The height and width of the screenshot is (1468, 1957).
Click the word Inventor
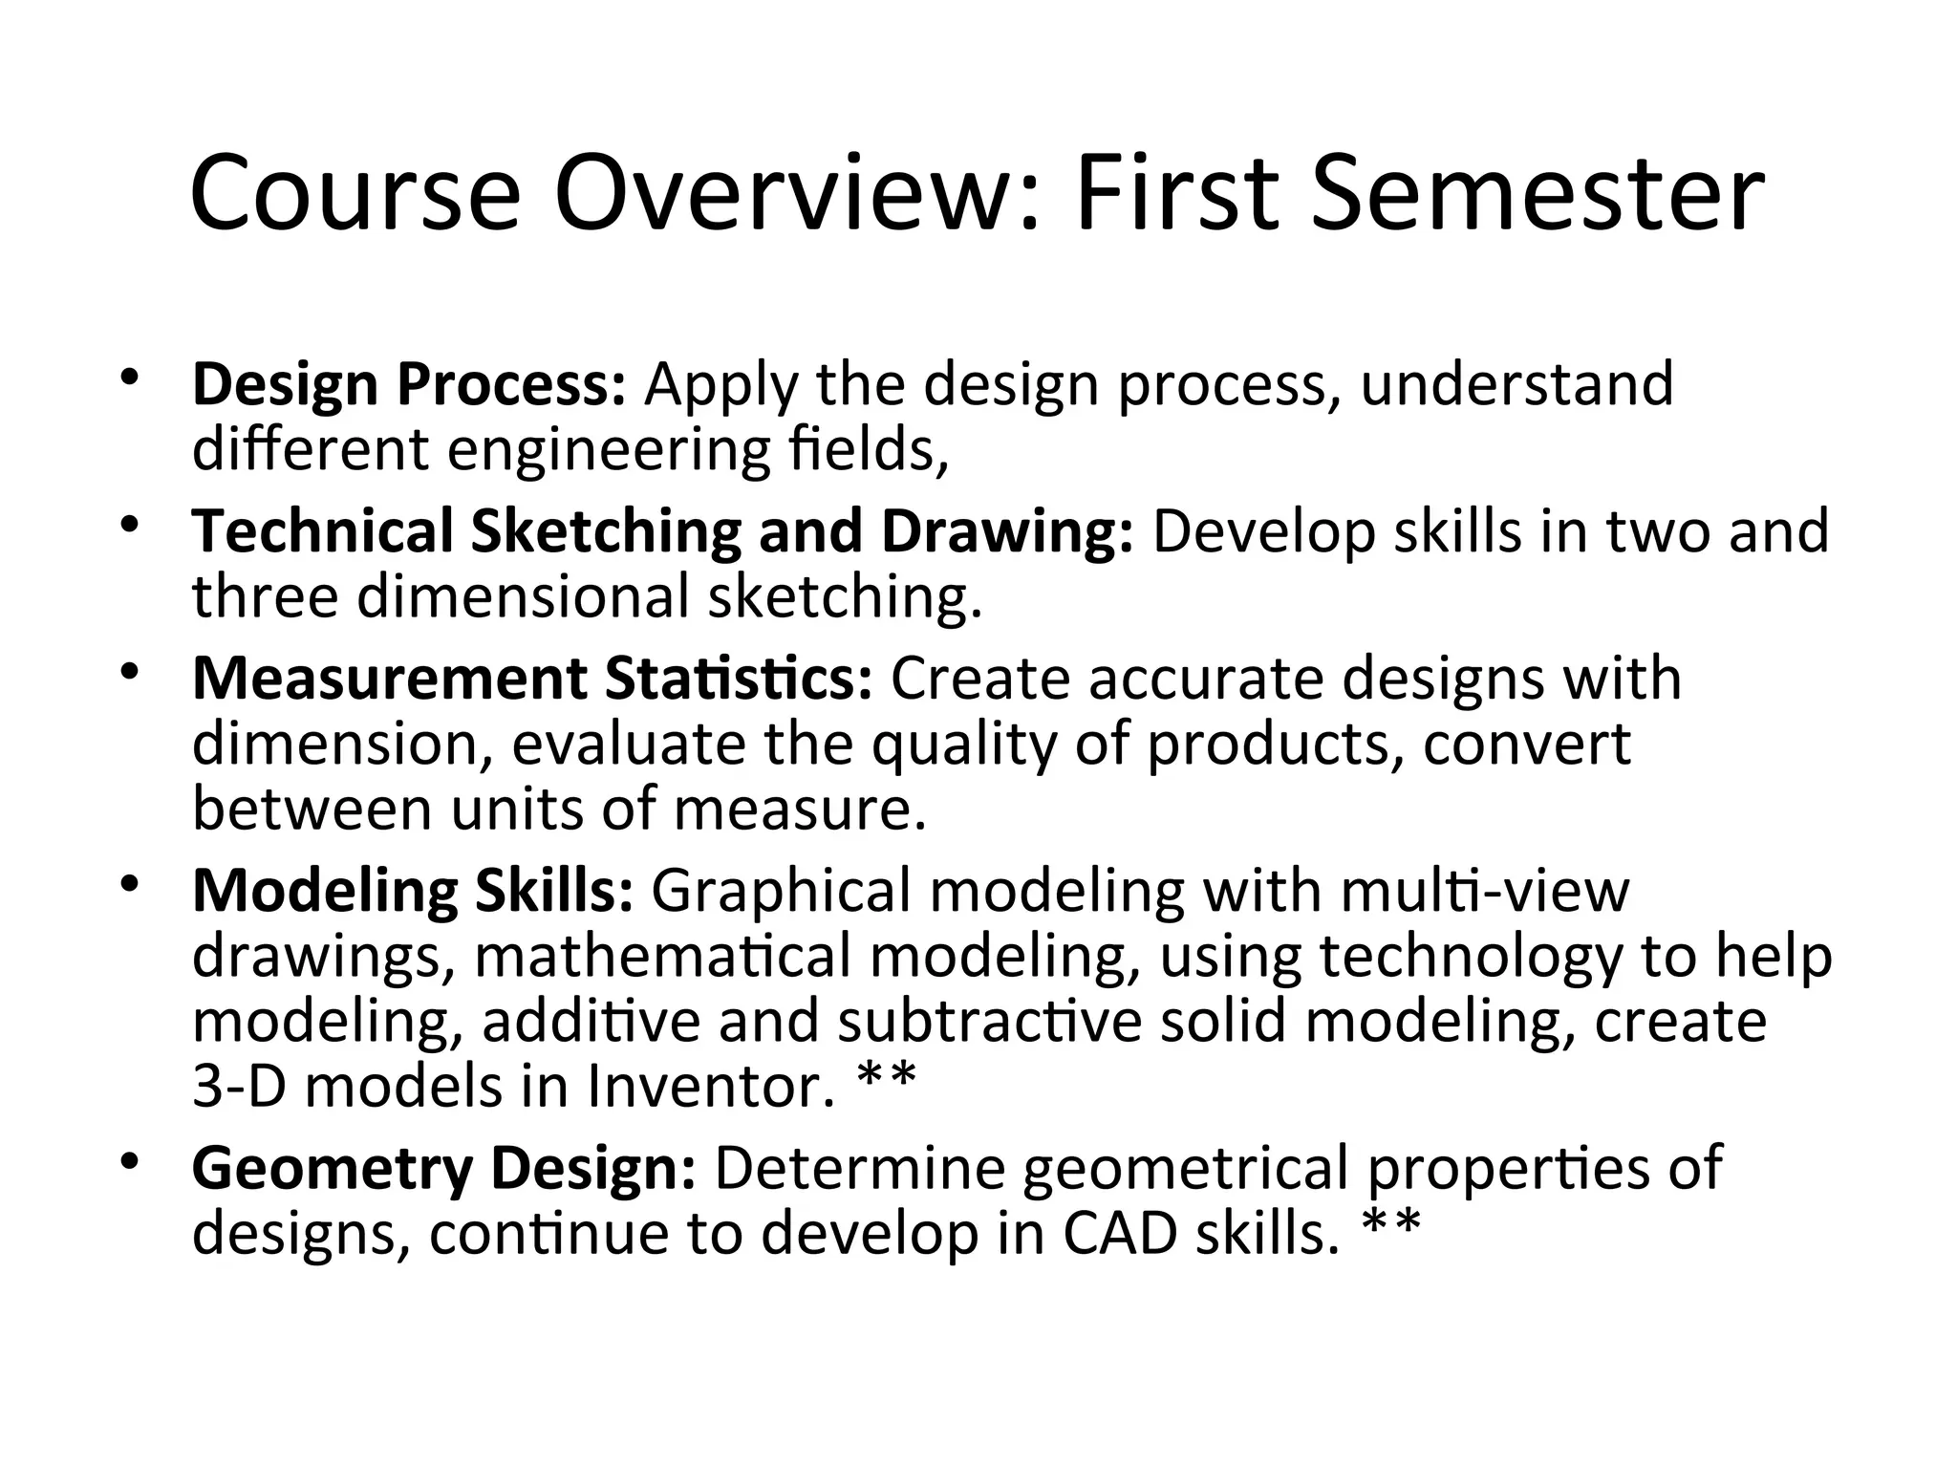click(x=712, y=1087)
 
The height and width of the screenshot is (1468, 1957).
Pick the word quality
click(x=964, y=745)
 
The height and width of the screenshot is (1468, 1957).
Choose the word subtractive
click(x=990, y=1022)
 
